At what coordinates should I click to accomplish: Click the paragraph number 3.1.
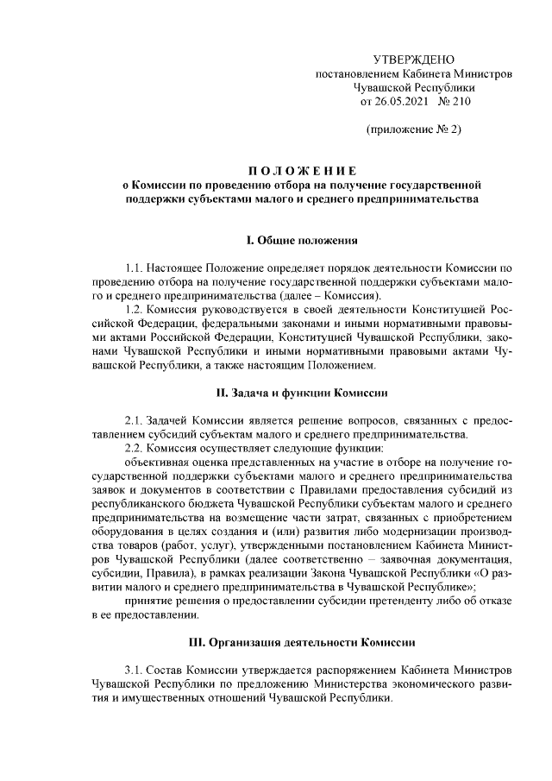(135, 670)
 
